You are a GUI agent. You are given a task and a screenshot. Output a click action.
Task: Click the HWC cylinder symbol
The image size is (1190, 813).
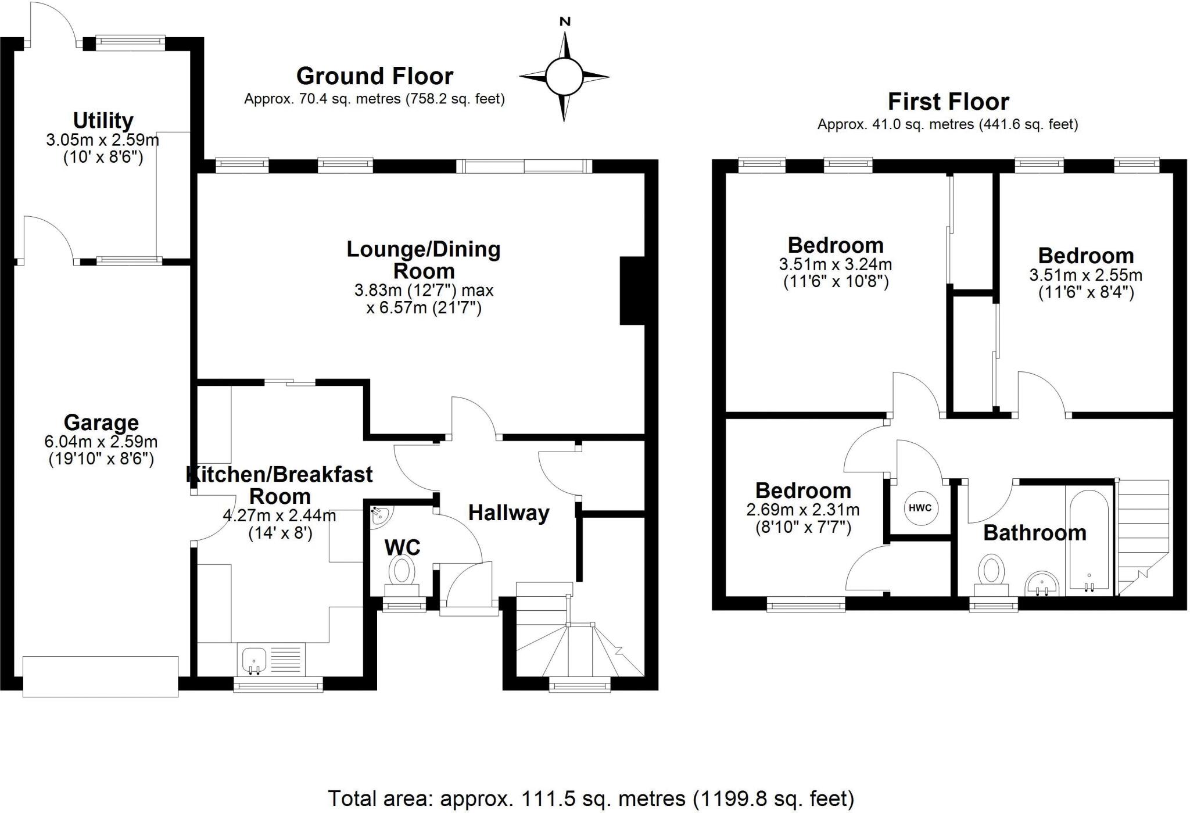click(920, 508)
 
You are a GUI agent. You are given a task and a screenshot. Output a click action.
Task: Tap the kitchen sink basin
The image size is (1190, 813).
click(253, 659)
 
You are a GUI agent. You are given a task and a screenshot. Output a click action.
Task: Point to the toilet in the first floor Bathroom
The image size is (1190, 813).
click(991, 570)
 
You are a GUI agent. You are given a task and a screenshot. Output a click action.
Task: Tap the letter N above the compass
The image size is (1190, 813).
click(564, 22)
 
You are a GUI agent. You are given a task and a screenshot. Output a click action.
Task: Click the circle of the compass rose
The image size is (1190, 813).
click(564, 76)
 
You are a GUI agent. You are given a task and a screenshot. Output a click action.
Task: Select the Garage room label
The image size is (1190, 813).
click(101, 422)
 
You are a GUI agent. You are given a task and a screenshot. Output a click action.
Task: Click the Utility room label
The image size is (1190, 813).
click(103, 121)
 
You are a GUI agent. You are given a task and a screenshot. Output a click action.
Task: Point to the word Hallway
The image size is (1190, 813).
click(508, 513)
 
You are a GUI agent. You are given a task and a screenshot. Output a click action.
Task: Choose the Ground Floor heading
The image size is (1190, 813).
click(374, 76)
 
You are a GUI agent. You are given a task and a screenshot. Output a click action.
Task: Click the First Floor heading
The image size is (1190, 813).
click(948, 102)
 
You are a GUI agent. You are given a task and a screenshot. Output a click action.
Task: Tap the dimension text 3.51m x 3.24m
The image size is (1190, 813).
click(835, 264)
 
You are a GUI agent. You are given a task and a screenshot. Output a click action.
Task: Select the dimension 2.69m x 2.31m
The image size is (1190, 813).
click(802, 510)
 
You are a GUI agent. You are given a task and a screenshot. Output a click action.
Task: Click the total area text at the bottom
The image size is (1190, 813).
click(590, 798)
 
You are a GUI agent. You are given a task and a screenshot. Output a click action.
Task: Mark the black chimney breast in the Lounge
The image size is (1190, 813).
click(633, 291)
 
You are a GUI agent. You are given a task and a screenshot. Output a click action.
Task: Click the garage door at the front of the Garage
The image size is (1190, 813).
click(101, 676)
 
